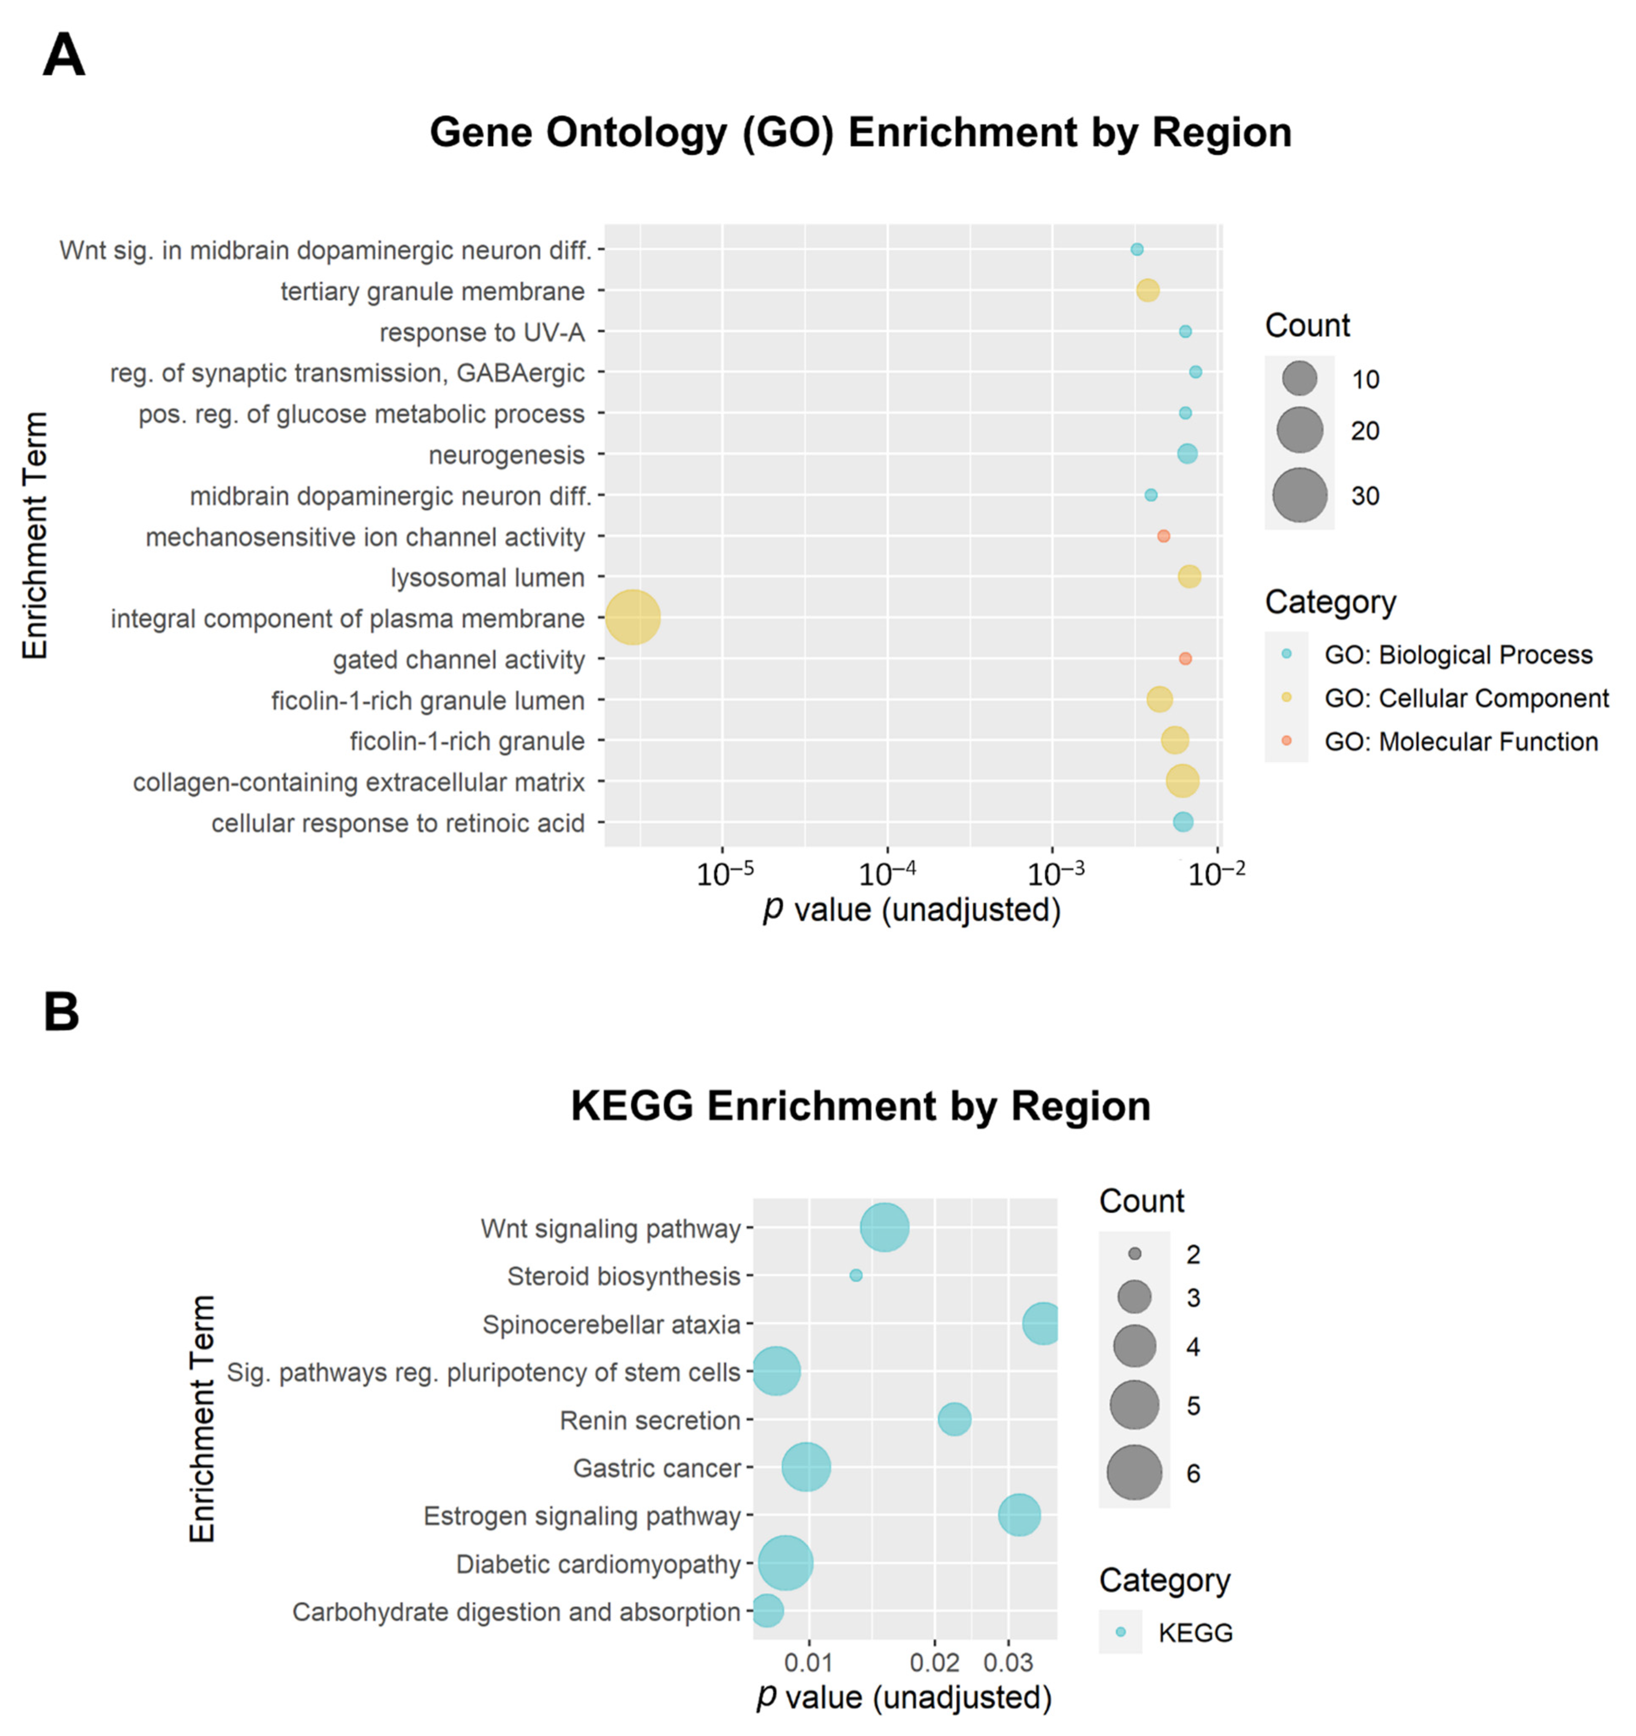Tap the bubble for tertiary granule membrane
click(x=1147, y=291)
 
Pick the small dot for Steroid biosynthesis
click(x=855, y=1275)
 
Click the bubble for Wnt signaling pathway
click(x=885, y=1227)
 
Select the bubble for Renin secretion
click(x=954, y=1419)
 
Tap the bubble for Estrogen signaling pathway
click(x=1019, y=1515)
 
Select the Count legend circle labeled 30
click(x=1299, y=495)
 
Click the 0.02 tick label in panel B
click(x=934, y=1661)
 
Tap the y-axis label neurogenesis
click(x=506, y=455)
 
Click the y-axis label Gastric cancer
click(x=656, y=1468)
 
